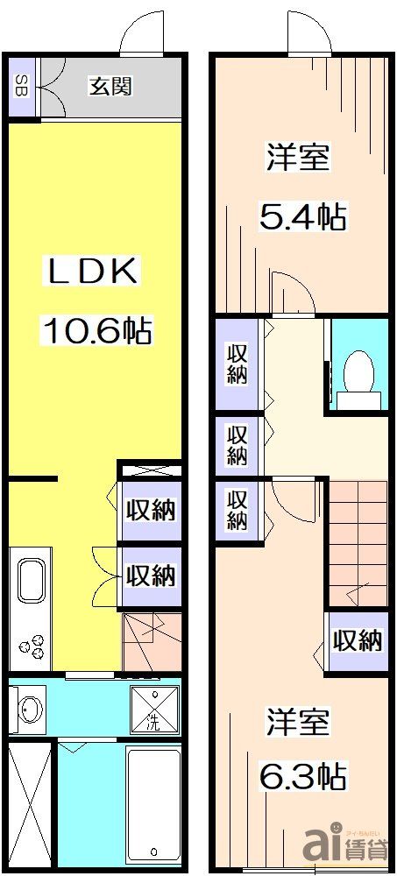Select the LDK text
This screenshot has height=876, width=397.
point(91,272)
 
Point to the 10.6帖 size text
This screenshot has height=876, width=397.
point(97,331)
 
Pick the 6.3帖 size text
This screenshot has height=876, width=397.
point(302,775)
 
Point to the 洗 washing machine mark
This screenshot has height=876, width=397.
point(152,708)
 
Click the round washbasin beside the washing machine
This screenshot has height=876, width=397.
point(29,708)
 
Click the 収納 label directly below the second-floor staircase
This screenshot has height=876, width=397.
point(358,640)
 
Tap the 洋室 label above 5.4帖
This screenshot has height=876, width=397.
point(299,159)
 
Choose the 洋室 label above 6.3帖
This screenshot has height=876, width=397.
point(299,724)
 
